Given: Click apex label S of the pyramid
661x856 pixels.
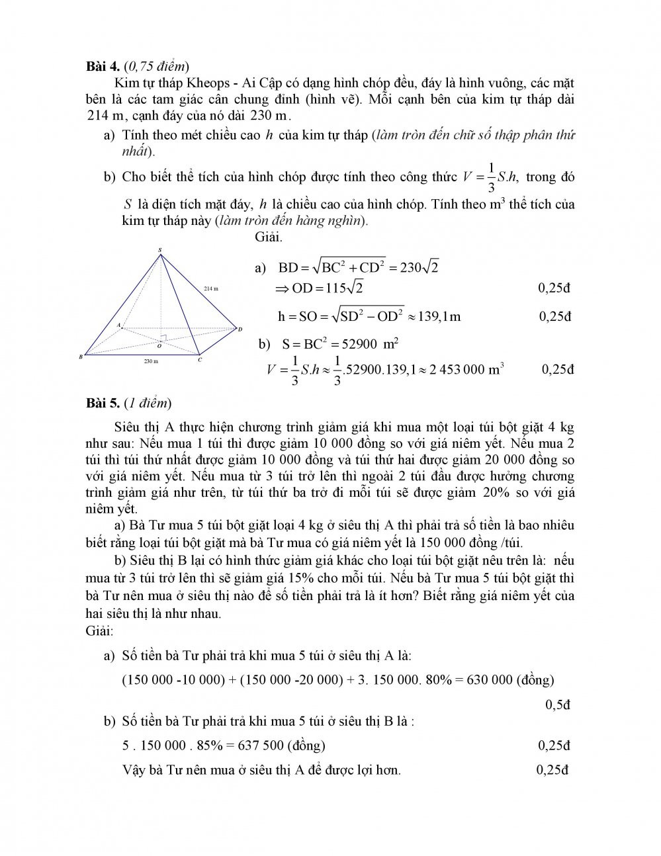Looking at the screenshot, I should pyautogui.click(x=159, y=250).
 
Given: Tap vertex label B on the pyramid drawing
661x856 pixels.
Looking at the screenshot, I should pyautogui.click(x=81, y=357).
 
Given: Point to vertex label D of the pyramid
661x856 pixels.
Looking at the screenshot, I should pyautogui.click(x=240, y=329).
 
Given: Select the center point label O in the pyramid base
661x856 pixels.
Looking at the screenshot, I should pyautogui.click(x=159, y=346).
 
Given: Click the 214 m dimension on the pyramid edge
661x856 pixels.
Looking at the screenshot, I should pyautogui.click(x=210, y=289).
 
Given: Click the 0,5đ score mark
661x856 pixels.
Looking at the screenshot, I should pyautogui.click(x=558, y=705).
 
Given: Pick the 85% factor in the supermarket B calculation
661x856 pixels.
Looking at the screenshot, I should pyautogui.click(x=210, y=746).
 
